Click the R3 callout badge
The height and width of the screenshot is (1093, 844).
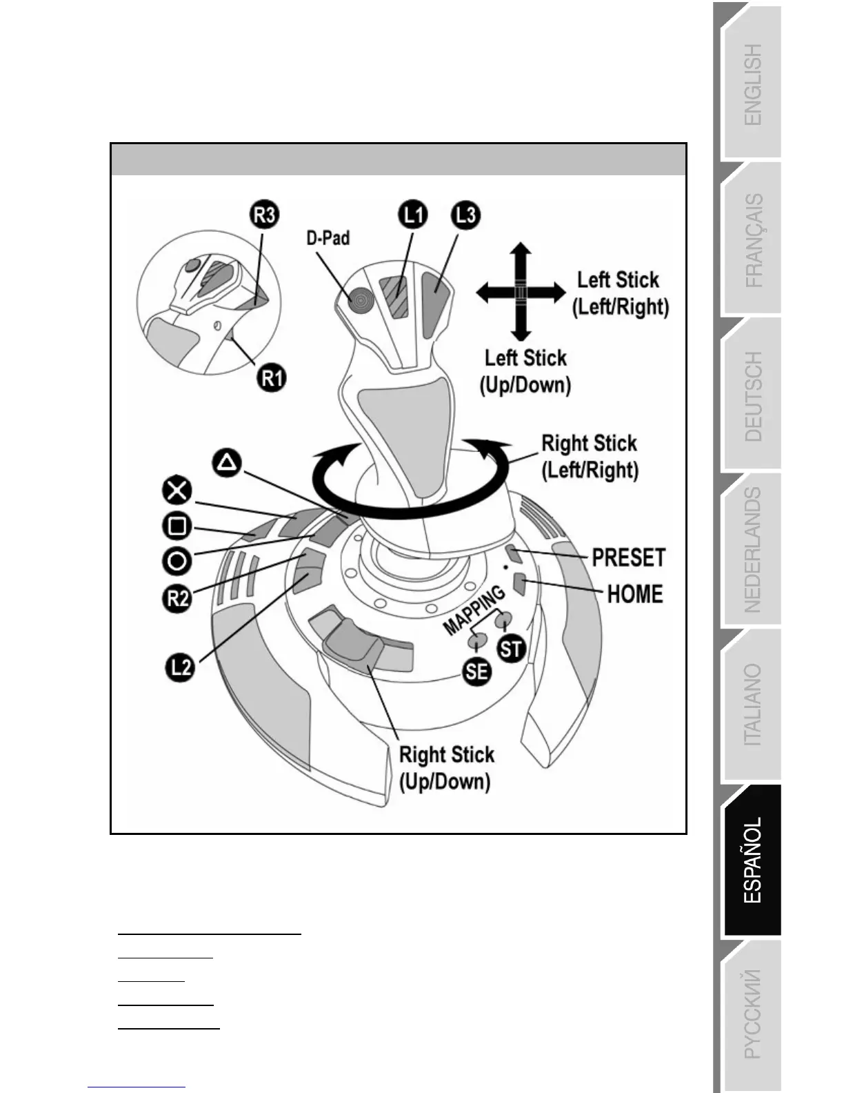click(265, 215)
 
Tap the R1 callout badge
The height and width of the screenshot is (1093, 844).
click(272, 377)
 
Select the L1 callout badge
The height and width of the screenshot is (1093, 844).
click(413, 215)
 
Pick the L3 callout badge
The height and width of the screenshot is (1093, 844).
click(466, 215)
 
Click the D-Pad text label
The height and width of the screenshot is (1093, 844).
click(328, 238)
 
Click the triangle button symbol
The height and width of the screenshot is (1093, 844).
click(227, 462)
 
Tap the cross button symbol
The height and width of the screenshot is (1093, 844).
click(177, 491)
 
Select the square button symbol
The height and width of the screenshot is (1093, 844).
click(177, 526)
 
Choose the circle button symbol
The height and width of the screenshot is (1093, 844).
click(177, 560)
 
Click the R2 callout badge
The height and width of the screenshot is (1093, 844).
click(177, 597)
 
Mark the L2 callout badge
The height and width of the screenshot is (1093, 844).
click(179, 667)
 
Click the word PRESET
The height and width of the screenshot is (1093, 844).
click(628, 558)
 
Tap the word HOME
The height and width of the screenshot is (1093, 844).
click(634, 593)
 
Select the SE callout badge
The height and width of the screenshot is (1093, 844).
click(477, 671)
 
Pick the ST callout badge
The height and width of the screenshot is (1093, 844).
click(511, 649)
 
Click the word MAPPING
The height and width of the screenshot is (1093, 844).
click(474, 611)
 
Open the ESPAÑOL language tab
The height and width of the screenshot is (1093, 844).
click(752, 860)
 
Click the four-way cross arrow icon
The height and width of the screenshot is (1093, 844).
click(521, 292)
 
